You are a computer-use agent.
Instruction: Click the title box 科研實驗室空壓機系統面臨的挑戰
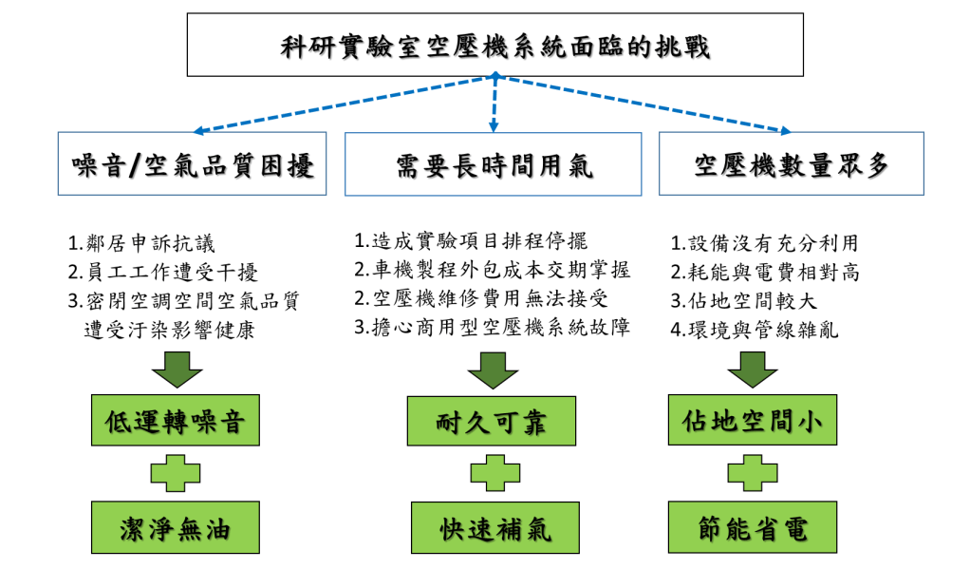click(x=494, y=45)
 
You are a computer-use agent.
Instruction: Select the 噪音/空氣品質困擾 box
click(x=192, y=163)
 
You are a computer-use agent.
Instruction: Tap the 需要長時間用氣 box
click(x=493, y=164)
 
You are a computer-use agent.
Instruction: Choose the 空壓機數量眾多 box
click(x=792, y=163)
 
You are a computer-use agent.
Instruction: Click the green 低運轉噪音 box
click(x=175, y=421)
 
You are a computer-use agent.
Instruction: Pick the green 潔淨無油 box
click(x=175, y=527)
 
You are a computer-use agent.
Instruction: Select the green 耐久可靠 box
click(x=492, y=421)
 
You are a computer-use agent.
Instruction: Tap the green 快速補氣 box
click(x=494, y=527)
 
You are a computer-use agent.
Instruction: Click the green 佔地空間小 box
click(x=753, y=420)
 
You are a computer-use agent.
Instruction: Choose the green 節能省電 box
click(x=753, y=527)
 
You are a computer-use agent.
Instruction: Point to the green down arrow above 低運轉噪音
click(x=177, y=370)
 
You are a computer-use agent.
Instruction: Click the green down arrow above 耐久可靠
click(x=493, y=370)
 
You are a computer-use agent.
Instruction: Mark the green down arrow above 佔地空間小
click(x=753, y=370)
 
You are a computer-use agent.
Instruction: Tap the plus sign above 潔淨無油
click(x=176, y=474)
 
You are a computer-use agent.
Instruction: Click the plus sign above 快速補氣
click(x=494, y=473)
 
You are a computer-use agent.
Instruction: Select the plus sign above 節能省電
click(x=753, y=473)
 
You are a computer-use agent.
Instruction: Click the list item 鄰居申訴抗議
click(x=141, y=243)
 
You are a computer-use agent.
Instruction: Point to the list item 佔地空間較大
click(x=744, y=301)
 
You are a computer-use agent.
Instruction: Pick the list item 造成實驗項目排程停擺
click(x=471, y=241)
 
